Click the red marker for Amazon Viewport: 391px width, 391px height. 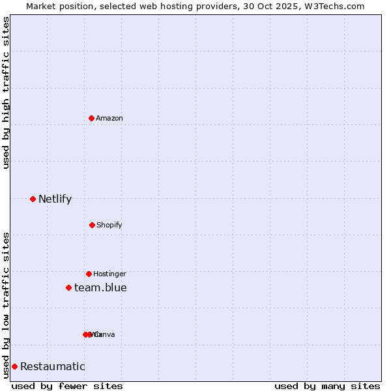click(92, 118)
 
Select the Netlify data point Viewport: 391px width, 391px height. click(33, 199)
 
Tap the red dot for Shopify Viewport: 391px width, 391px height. click(92, 225)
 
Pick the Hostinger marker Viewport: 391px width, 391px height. click(89, 274)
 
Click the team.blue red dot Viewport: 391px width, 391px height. click(68, 287)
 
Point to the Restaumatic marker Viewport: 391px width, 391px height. click(14, 366)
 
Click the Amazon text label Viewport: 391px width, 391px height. click(109, 118)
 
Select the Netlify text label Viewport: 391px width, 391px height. click(55, 199)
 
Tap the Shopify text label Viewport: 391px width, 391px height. click(109, 225)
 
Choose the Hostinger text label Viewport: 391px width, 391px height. click(109, 274)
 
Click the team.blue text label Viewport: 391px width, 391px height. click(100, 287)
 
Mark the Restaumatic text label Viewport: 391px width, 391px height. click(52, 366)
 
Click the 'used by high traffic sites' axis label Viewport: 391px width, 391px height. click(6, 93)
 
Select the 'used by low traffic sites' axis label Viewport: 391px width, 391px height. click(6, 305)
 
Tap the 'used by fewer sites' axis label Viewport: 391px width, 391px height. click(67, 386)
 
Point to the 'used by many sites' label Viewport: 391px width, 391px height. click(327, 386)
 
